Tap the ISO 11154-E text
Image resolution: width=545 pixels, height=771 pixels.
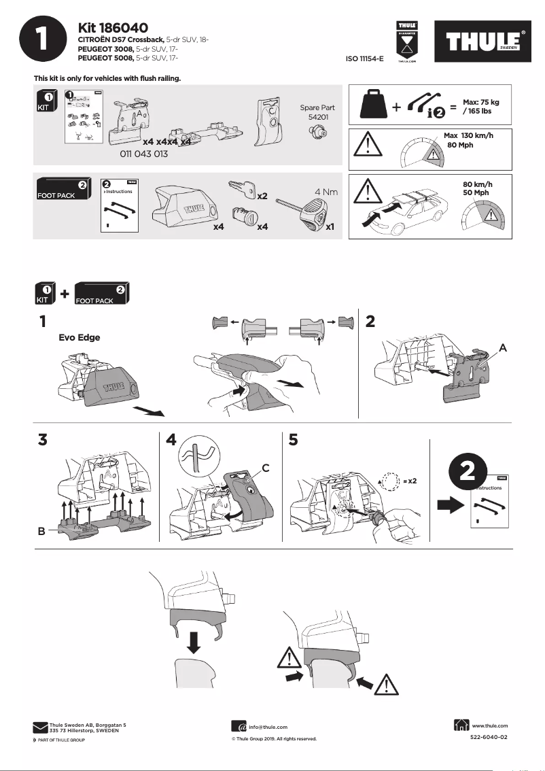point(365,59)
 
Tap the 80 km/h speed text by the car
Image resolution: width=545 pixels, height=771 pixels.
point(477,184)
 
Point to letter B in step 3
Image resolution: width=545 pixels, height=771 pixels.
point(43,533)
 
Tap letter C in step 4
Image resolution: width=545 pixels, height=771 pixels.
point(266,468)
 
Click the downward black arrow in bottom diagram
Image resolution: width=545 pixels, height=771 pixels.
point(194,641)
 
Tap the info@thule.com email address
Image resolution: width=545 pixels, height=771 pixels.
point(268,727)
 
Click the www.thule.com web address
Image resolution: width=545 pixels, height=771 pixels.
point(489,725)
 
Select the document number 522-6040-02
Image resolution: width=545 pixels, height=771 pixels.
point(489,737)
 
